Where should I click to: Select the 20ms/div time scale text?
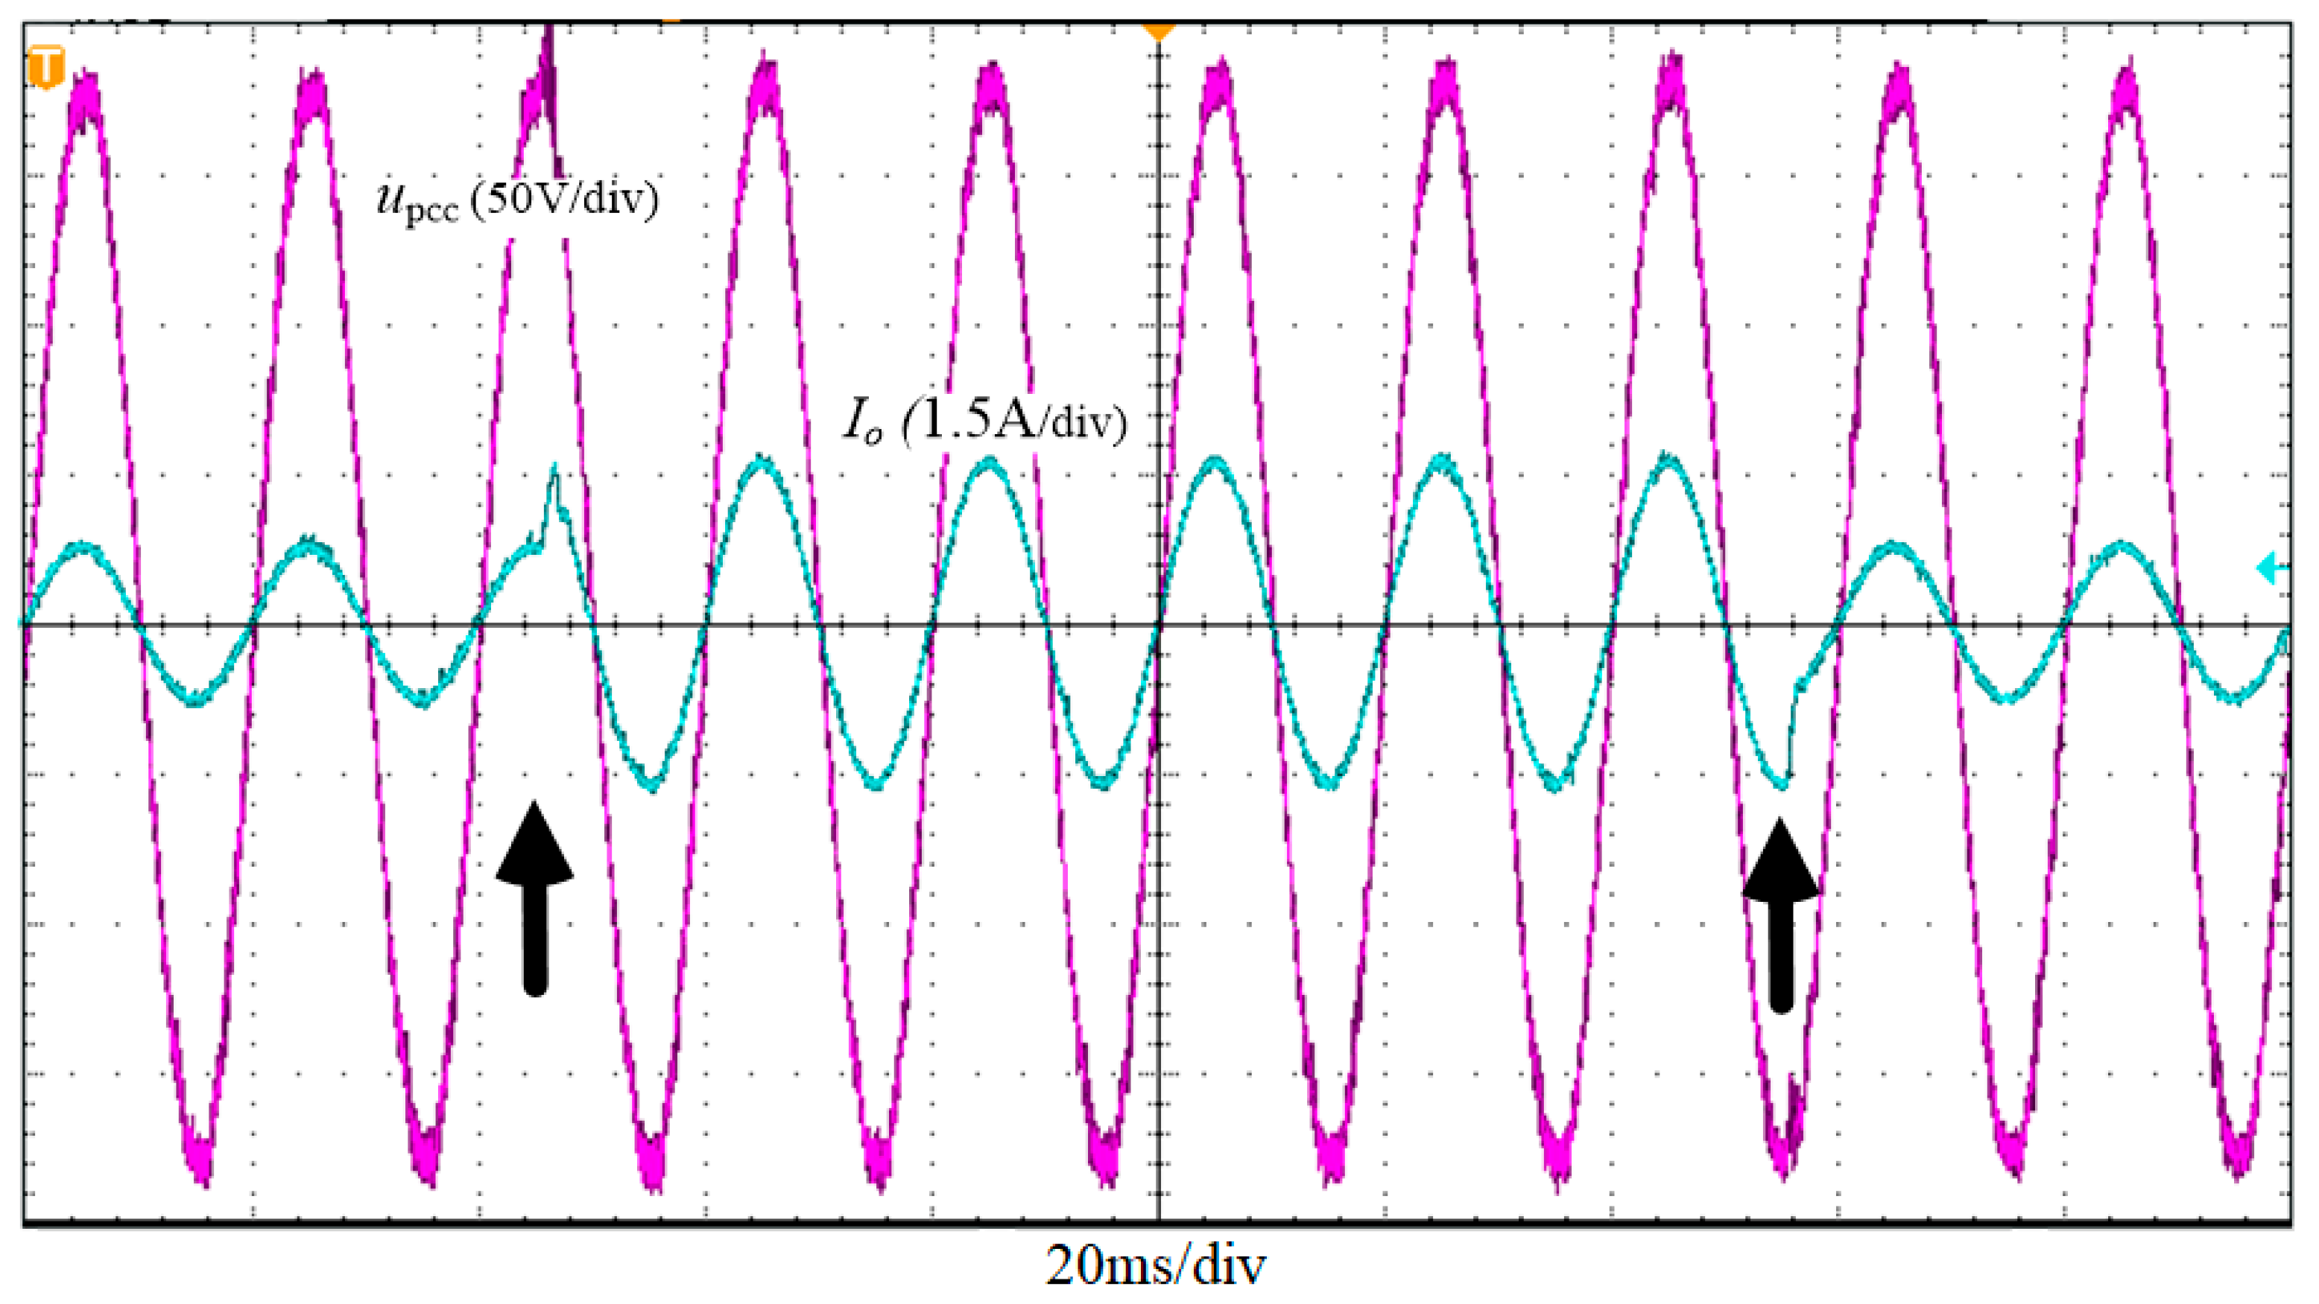tap(1155, 1265)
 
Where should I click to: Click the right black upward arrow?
tap(1779, 914)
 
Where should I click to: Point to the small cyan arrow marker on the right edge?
tap(2272, 568)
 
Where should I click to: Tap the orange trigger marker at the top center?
tap(1159, 33)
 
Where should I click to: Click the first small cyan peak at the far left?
tap(83, 547)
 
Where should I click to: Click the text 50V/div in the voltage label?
tap(569, 198)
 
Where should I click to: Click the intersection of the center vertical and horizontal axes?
tap(1159, 623)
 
